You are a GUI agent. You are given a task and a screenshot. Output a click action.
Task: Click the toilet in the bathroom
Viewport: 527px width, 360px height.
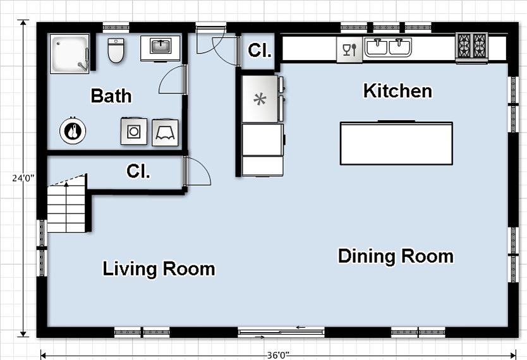[116, 50]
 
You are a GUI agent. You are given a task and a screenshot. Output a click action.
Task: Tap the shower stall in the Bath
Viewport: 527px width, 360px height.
[70, 54]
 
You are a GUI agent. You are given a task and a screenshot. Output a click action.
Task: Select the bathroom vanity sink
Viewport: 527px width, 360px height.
[161, 49]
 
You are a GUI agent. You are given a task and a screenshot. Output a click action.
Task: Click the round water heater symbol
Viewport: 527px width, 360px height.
[73, 131]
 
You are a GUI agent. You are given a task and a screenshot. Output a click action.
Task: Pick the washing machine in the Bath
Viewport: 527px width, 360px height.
[134, 131]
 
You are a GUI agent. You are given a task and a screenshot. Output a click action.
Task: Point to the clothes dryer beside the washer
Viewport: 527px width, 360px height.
[165, 132]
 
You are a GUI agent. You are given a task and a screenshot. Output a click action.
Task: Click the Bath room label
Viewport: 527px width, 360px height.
[111, 96]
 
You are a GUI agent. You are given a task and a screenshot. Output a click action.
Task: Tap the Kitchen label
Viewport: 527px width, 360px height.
[397, 91]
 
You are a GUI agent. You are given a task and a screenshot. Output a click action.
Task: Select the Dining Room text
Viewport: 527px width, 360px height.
[396, 256]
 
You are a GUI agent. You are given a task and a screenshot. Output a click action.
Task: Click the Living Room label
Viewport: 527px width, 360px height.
[159, 269]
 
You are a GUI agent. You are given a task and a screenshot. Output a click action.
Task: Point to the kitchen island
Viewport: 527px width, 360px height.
[396, 143]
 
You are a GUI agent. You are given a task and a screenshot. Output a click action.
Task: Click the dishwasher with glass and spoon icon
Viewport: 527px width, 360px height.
[349, 50]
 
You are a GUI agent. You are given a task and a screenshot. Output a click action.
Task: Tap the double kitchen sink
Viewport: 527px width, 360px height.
[388, 47]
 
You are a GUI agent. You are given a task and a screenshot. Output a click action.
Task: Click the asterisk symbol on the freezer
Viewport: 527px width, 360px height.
[260, 99]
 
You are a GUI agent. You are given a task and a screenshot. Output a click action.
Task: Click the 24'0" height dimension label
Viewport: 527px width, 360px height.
[23, 178]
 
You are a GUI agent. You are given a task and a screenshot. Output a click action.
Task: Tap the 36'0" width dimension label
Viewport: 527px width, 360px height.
[278, 355]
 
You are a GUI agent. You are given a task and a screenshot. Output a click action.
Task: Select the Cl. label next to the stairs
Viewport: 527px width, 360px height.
[138, 171]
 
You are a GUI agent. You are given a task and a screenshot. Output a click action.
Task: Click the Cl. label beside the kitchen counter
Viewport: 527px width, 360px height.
[260, 50]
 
